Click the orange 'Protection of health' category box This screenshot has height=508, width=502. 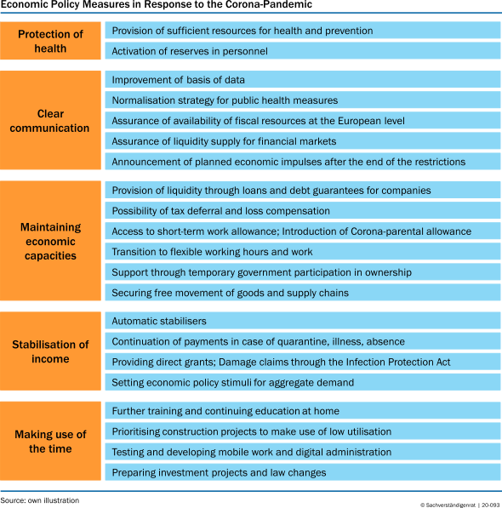click(x=50, y=41)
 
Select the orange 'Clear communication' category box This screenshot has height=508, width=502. click(x=50, y=120)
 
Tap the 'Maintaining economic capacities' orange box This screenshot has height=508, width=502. click(x=50, y=241)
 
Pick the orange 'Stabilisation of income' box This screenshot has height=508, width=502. click(x=50, y=351)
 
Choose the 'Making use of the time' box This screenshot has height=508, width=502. click(x=50, y=441)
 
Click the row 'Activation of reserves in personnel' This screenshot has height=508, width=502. click(x=303, y=51)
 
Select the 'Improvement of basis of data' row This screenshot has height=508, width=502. click(x=303, y=80)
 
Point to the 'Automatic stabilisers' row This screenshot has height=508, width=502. click(x=303, y=321)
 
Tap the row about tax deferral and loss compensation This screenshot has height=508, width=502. click(x=303, y=210)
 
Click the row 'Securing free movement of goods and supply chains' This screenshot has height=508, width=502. click(x=303, y=293)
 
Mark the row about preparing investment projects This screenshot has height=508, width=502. click(x=303, y=472)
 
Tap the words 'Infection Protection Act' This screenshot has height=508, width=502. click(x=398, y=362)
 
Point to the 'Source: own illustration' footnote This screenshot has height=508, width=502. click(x=40, y=500)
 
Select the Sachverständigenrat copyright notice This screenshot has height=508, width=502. click(x=460, y=505)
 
